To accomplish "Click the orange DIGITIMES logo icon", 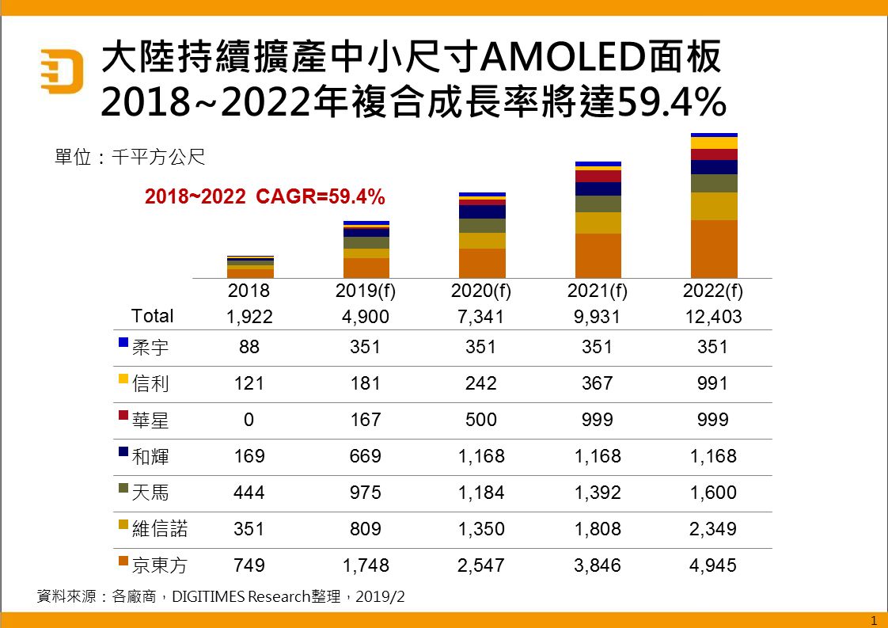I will pyautogui.click(x=62, y=71).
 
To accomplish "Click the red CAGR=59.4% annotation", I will pyautogui.click(x=264, y=196).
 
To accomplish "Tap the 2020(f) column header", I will pyautogui.click(x=481, y=291).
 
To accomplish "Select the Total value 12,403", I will pyautogui.click(x=712, y=317).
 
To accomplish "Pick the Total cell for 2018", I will pyautogui.click(x=249, y=317).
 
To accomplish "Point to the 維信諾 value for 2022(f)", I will pyautogui.click(x=712, y=529).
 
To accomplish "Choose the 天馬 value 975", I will pyautogui.click(x=366, y=493).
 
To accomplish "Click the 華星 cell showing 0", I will pyautogui.click(x=249, y=420).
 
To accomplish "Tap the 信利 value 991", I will pyautogui.click(x=712, y=383).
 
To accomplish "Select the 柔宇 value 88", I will pyautogui.click(x=249, y=347).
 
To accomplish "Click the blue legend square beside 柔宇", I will pyautogui.click(x=123, y=342).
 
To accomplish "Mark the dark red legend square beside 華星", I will pyautogui.click(x=123, y=415).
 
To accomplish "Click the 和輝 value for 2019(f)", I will pyautogui.click(x=366, y=456).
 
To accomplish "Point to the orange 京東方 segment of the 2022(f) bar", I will pyautogui.click(x=714, y=249).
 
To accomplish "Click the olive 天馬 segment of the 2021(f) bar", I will pyautogui.click(x=598, y=204).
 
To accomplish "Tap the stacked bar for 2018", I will pyautogui.click(x=250, y=267).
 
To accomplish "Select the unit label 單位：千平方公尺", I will pyautogui.click(x=129, y=157).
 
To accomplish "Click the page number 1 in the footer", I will pyautogui.click(x=873, y=619).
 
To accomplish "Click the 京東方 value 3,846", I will pyautogui.click(x=597, y=565).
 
